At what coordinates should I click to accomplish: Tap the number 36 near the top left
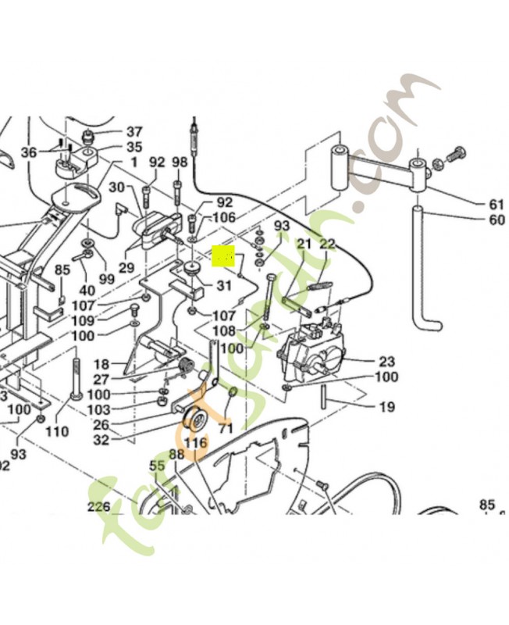click(29, 152)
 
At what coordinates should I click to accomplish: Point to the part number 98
click(180, 162)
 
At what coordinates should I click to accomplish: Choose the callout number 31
click(224, 285)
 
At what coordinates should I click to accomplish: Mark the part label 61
click(497, 205)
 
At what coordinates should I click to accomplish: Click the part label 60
click(497, 220)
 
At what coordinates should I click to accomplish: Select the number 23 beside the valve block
click(386, 362)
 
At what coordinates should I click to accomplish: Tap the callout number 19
click(386, 407)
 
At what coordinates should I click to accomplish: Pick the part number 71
click(226, 429)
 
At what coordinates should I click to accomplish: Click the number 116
click(196, 443)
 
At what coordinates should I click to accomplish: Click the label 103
click(98, 410)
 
